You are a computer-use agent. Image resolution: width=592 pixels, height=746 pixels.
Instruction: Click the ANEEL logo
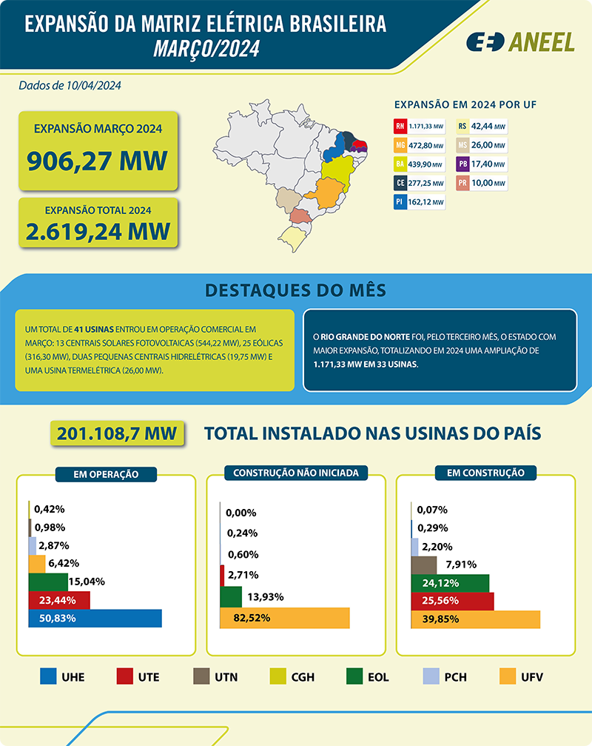pos(520,42)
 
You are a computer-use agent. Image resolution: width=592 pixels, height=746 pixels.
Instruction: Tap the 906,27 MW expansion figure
pos(97,159)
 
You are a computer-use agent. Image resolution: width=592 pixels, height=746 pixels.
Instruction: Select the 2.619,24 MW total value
pos(98,231)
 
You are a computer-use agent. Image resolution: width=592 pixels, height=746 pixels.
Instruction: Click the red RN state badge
pos(400,125)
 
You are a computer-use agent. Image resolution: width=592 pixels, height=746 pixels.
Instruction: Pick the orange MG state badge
pos(400,144)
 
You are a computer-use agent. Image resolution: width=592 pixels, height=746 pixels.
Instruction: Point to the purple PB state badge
pos(462,164)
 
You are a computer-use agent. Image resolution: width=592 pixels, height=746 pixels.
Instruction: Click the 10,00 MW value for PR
pos(489,183)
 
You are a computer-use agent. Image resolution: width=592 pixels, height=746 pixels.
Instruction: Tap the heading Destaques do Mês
pos(296,290)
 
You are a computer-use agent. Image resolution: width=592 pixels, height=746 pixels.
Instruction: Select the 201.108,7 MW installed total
pos(117,433)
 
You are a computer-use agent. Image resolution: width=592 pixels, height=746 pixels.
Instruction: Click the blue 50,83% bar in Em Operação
pos(95,619)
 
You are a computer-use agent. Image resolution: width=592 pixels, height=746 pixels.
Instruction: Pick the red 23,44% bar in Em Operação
pos(58,600)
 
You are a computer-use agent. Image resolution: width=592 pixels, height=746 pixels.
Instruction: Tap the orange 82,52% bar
pos(285,617)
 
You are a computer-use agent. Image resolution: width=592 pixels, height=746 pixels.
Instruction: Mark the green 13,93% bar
pos(231,597)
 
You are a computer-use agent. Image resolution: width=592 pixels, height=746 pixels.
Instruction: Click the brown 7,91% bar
pos(424,565)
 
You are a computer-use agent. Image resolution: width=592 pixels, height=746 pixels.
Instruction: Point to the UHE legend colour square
pos(48,676)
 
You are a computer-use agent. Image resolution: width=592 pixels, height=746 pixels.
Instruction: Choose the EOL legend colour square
pos(354,676)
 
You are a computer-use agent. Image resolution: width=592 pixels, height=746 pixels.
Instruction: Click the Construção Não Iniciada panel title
pos(296,472)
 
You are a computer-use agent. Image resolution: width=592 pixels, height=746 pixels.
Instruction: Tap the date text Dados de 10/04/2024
pos(70,85)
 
